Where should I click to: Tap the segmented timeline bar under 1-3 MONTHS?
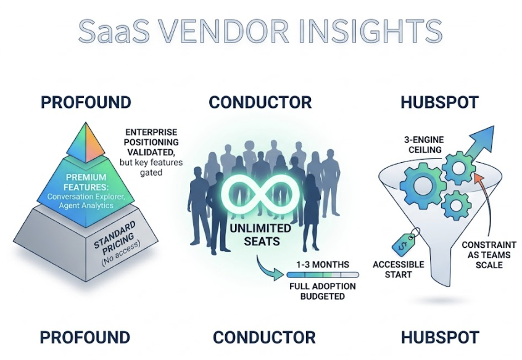(321, 275)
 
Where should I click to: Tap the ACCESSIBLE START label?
(398, 269)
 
